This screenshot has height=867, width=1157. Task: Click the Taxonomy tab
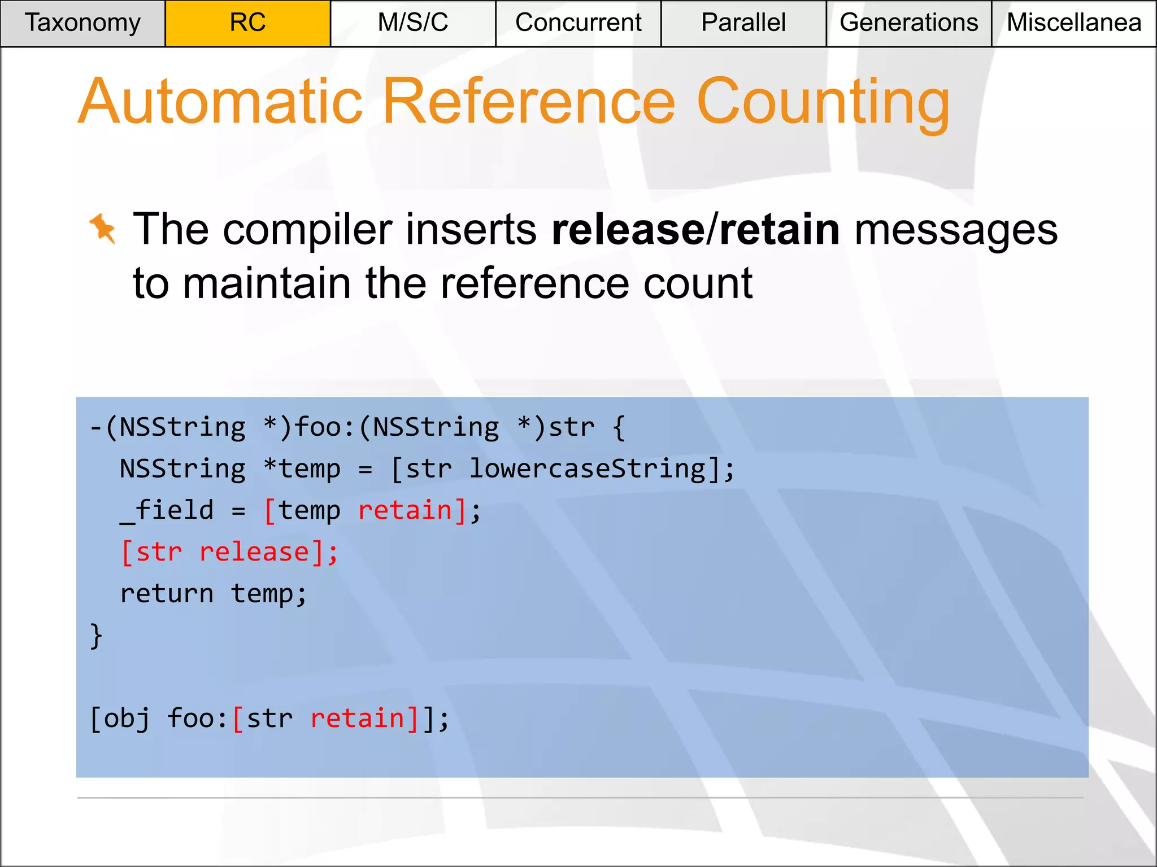[82, 23]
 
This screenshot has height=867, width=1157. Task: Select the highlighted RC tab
[247, 23]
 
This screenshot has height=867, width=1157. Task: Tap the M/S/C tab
[413, 23]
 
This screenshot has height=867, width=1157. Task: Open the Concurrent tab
[578, 23]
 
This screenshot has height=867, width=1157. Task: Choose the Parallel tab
[743, 23]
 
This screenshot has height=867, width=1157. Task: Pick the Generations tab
[908, 23]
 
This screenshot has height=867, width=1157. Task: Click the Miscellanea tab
[1074, 23]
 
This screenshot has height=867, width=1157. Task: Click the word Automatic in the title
[220, 102]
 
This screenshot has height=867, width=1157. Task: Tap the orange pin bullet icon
[103, 229]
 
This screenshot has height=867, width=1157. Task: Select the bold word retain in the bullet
[780, 230]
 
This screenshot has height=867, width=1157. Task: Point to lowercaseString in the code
[588, 469]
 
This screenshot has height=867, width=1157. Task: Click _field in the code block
[167, 511]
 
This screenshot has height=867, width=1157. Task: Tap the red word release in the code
[254, 552]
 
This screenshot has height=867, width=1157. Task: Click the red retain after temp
[405, 511]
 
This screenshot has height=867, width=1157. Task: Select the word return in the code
[167, 594]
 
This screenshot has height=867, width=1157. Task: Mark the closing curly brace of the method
[96, 636]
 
